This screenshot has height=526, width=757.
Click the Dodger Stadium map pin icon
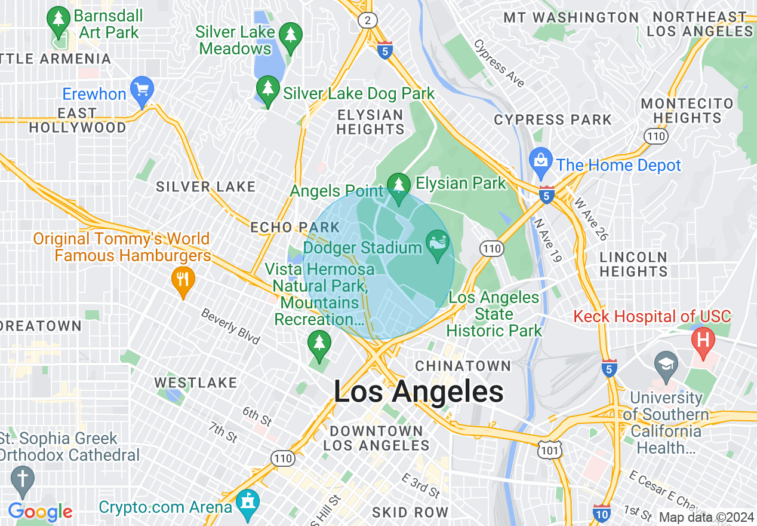pyautogui.click(x=438, y=244)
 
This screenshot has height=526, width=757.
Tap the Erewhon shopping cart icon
pyautogui.click(x=142, y=91)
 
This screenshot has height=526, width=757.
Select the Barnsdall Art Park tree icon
pyautogui.click(x=59, y=20)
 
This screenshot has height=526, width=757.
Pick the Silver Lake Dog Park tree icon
pyautogui.click(x=268, y=90)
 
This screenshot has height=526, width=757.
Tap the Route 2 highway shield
pyautogui.click(x=368, y=21)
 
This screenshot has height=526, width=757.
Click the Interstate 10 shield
pyautogui.click(x=602, y=513)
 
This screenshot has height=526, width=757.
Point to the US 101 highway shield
pyautogui.click(x=549, y=451)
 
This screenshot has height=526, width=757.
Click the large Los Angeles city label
pyautogui.click(x=418, y=393)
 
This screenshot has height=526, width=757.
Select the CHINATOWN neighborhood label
pyautogui.click(x=463, y=366)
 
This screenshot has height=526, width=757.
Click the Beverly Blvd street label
pyautogui.click(x=230, y=326)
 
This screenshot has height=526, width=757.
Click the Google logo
pyautogui.click(x=41, y=512)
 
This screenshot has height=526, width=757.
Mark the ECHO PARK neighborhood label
pyautogui.click(x=295, y=227)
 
